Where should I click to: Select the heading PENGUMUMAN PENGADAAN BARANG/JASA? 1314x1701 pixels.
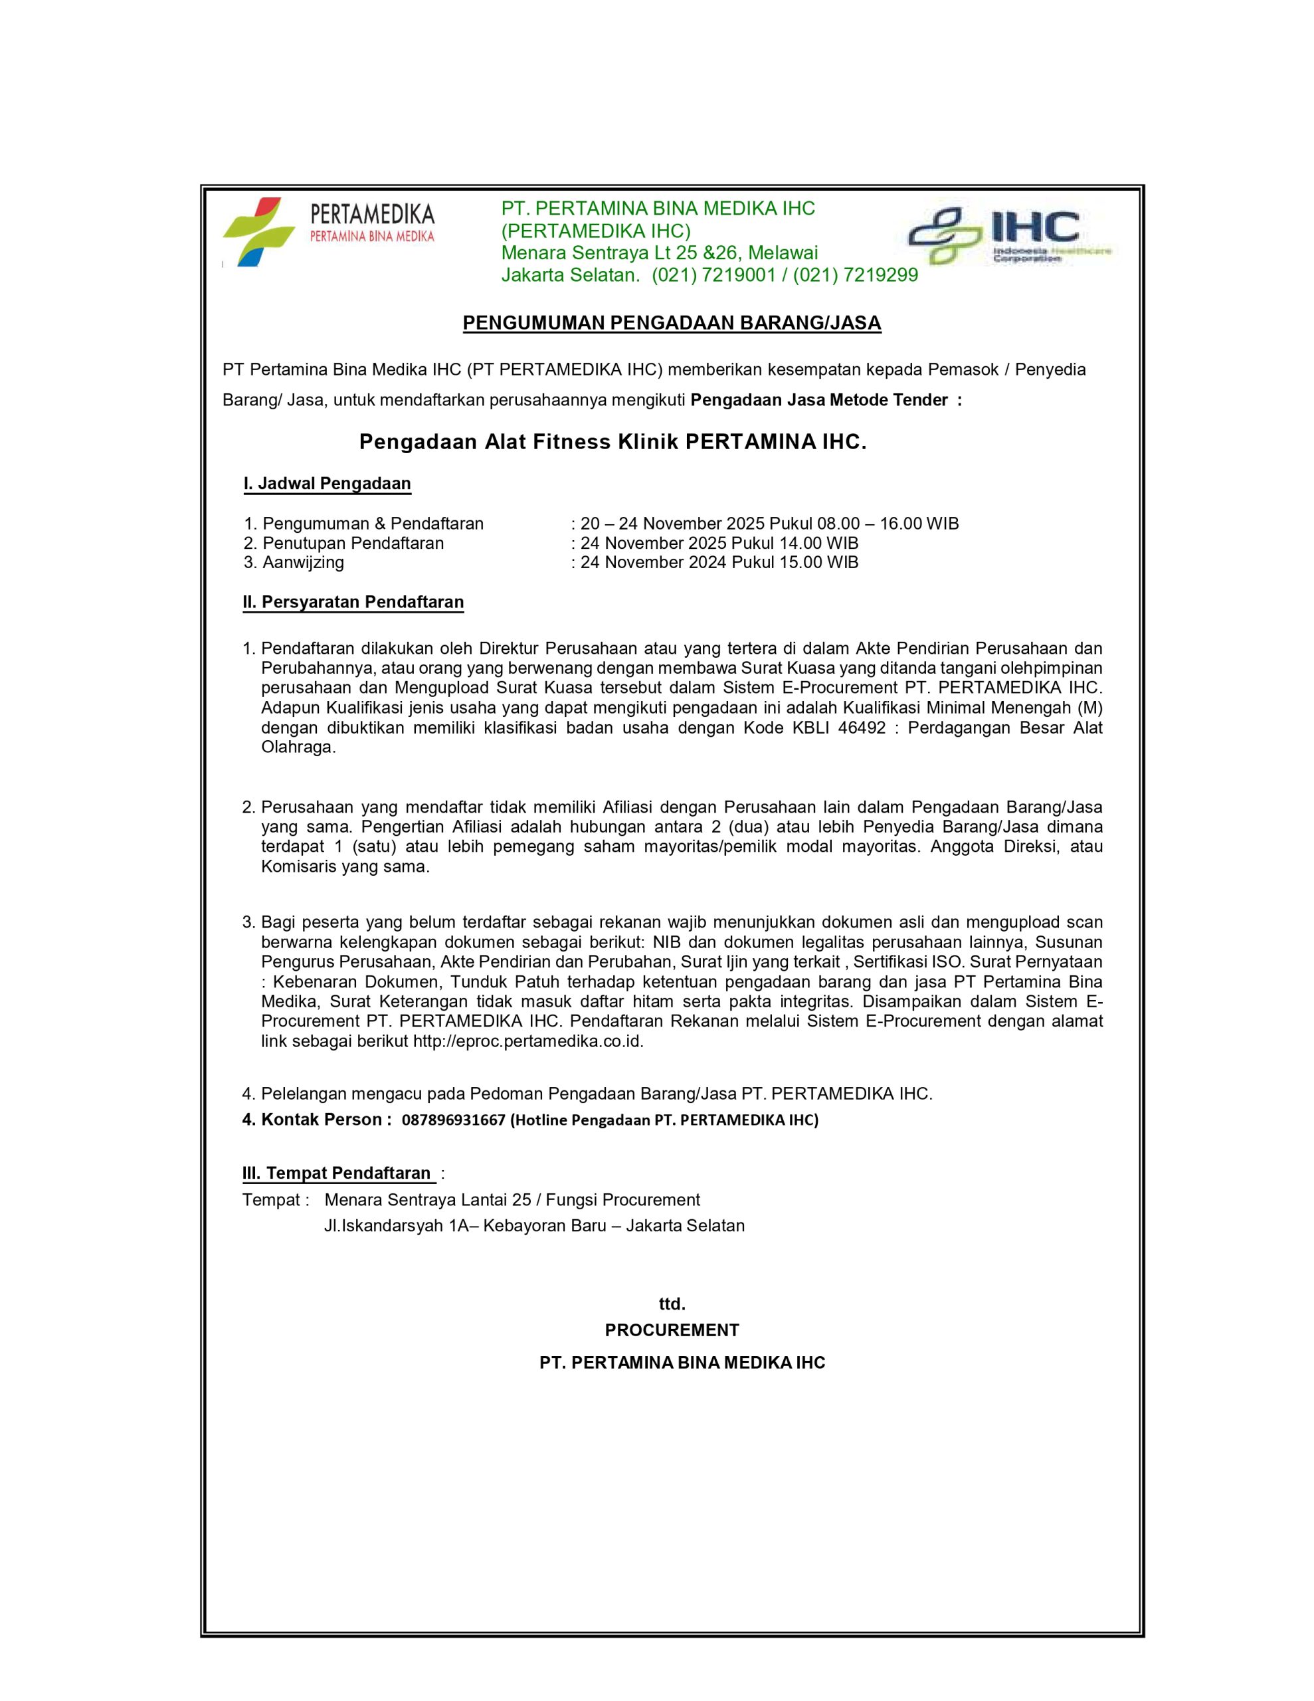coord(672,323)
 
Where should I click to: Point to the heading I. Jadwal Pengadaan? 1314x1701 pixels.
coord(327,484)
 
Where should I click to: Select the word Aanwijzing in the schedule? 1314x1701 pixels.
coord(303,562)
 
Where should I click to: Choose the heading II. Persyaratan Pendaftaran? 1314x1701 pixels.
coord(353,602)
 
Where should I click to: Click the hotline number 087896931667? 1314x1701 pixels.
coord(453,1121)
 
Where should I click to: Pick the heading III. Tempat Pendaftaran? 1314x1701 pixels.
coord(337,1173)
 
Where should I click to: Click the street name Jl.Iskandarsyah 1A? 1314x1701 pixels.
coord(401,1226)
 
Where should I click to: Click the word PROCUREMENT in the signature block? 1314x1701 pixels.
coord(672,1330)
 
